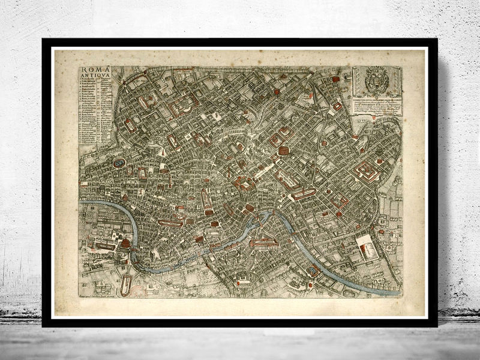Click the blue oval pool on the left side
[x=119, y=163]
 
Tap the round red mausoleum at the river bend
[x=126, y=244]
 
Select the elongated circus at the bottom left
[x=125, y=283]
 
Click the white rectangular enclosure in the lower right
[x=367, y=247]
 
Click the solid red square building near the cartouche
[x=335, y=79]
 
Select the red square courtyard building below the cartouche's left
[x=338, y=106]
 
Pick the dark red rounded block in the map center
[x=284, y=151]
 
